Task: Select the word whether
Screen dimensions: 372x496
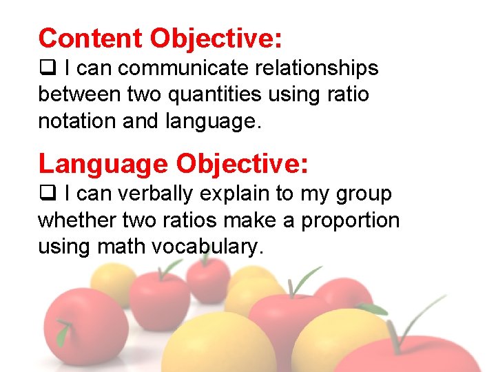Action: coord(76,220)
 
